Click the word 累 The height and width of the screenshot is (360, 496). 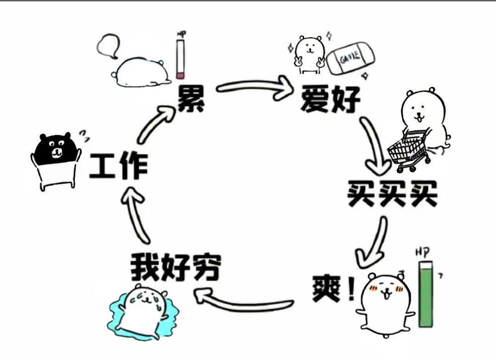tap(191, 99)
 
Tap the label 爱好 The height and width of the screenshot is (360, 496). tap(330, 99)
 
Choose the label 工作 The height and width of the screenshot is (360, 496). tap(118, 167)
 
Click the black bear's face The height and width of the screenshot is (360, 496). tap(58, 148)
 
